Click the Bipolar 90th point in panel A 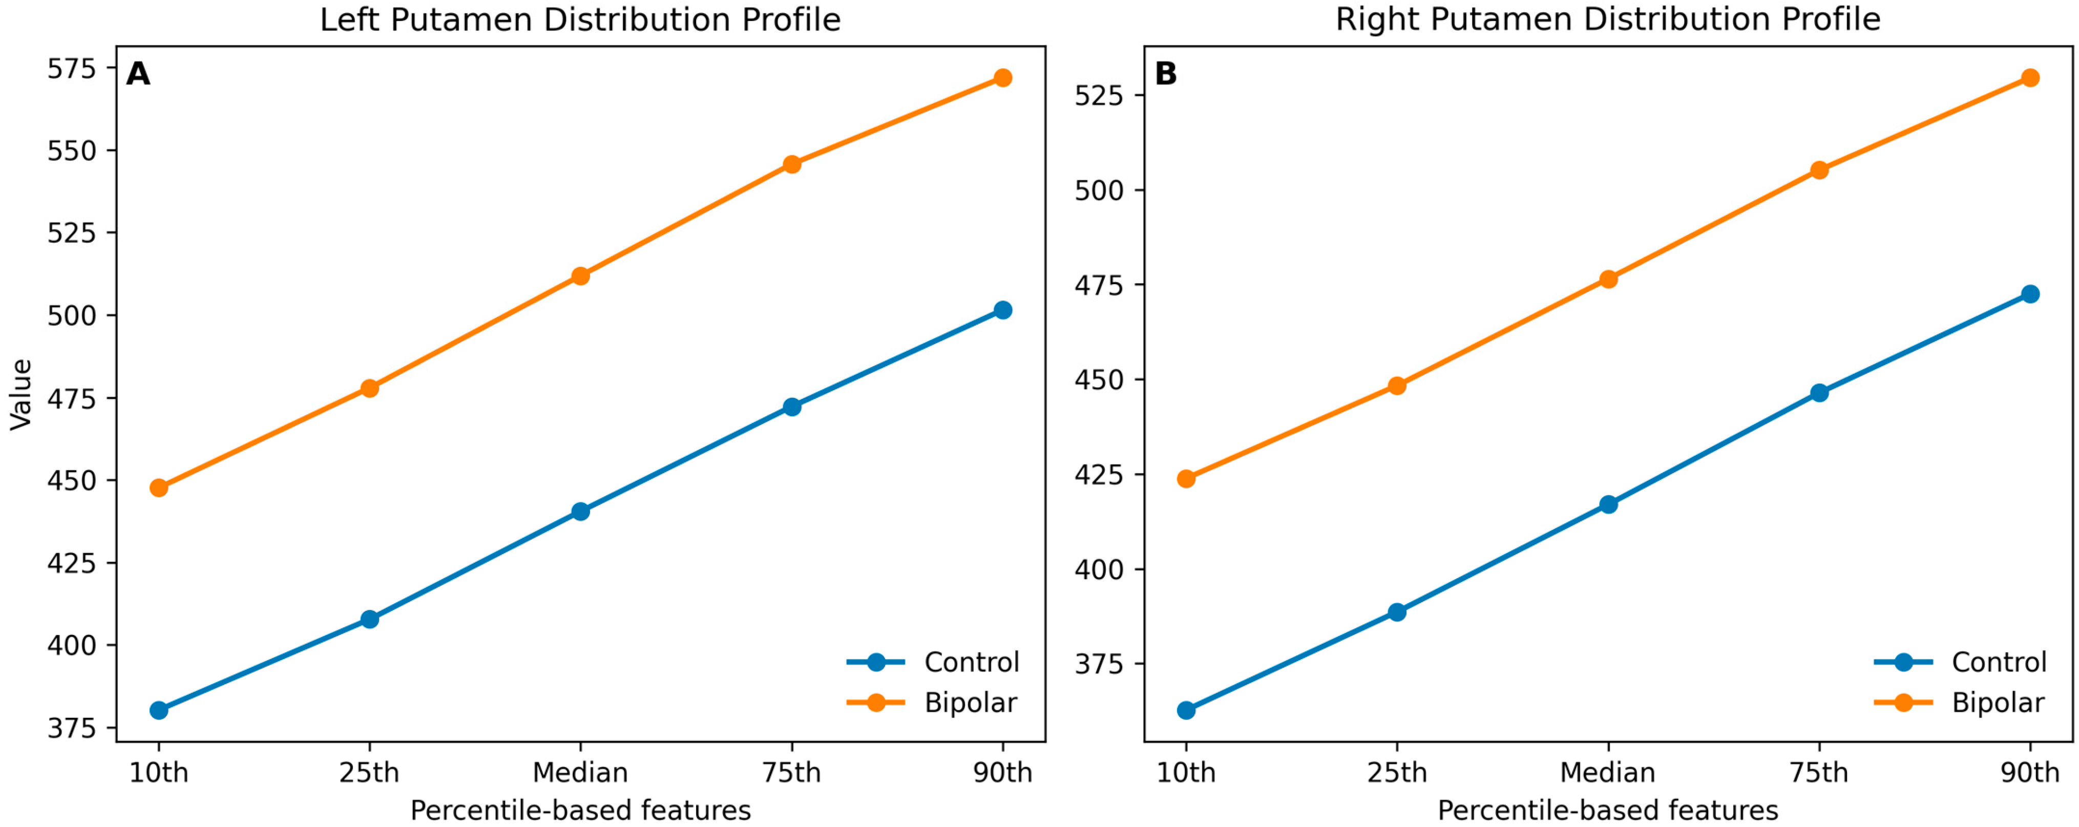pos(1002,77)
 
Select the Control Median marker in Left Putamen pos(580,512)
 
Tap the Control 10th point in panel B pos(1186,710)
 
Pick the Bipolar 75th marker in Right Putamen pos(1819,170)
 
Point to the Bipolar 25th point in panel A pos(370,388)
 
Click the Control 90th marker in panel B pos(2030,294)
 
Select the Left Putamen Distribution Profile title pos(580,20)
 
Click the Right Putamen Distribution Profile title pos(1608,20)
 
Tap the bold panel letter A pos(138,74)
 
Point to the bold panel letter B pos(1166,74)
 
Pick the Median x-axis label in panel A pos(580,773)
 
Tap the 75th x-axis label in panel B pos(1819,773)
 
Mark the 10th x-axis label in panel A pos(159,773)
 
